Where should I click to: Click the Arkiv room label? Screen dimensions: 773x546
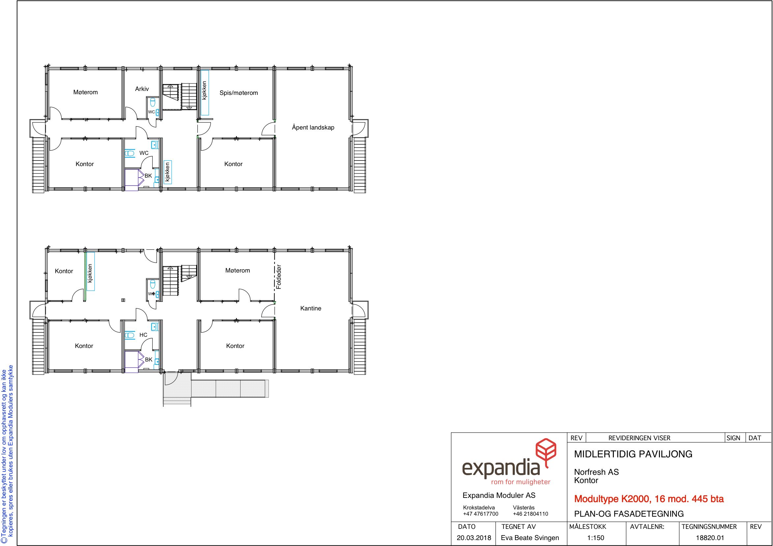coord(142,89)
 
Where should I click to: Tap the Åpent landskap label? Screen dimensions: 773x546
coord(313,127)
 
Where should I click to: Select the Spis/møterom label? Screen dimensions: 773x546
coord(239,93)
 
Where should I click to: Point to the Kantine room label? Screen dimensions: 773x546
coord(311,308)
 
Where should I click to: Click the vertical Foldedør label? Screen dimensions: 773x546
coord(279,277)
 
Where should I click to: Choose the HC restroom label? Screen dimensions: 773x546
coord(143,335)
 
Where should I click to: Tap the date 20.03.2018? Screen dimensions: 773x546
coord(474,538)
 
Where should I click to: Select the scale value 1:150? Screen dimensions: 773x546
coord(596,538)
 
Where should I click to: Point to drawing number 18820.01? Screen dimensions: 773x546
coord(710,538)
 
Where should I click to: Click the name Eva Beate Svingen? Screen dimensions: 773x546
coord(530,538)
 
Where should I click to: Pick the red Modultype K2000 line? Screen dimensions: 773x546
coord(649,499)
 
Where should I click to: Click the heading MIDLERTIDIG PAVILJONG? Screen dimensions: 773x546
coord(633,454)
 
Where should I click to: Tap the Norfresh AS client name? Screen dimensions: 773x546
coord(597,472)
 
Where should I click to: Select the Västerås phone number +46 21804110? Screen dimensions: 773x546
coord(530,514)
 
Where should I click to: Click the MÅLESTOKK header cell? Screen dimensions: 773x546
coord(588,527)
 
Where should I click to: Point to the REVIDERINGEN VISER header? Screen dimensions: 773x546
coord(639,438)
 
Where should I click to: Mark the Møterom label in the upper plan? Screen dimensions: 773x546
coord(86,92)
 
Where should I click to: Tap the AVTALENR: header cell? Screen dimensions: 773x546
coord(647,527)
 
